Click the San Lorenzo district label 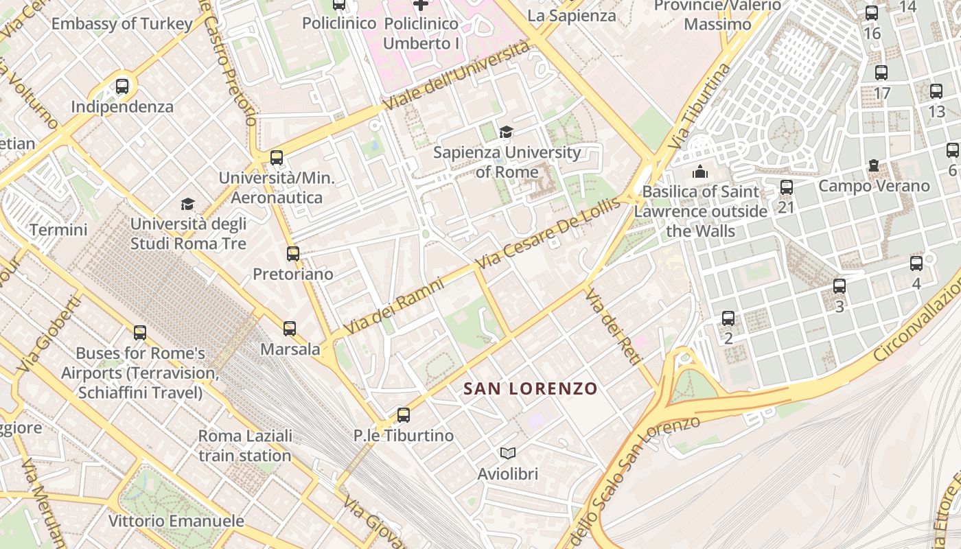click(x=530, y=388)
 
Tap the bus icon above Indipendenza click(x=122, y=86)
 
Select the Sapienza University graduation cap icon click(x=506, y=132)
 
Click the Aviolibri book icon click(x=508, y=453)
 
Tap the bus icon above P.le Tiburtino click(x=403, y=414)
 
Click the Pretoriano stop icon click(x=293, y=253)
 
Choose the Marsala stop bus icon click(x=290, y=328)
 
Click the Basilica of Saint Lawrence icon click(x=700, y=171)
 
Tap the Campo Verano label click(x=874, y=185)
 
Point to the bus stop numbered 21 click(x=787, y=187)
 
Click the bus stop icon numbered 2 click(x=728, y=318)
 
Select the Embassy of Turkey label click(x=122, y=23)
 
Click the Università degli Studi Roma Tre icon click(x=187, y=203)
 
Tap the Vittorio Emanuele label click(x=176, y=521)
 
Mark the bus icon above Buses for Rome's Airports click(x=140, y=333)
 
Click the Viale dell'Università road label click(x=458, y=75)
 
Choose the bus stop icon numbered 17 click(x=881, y=72)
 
